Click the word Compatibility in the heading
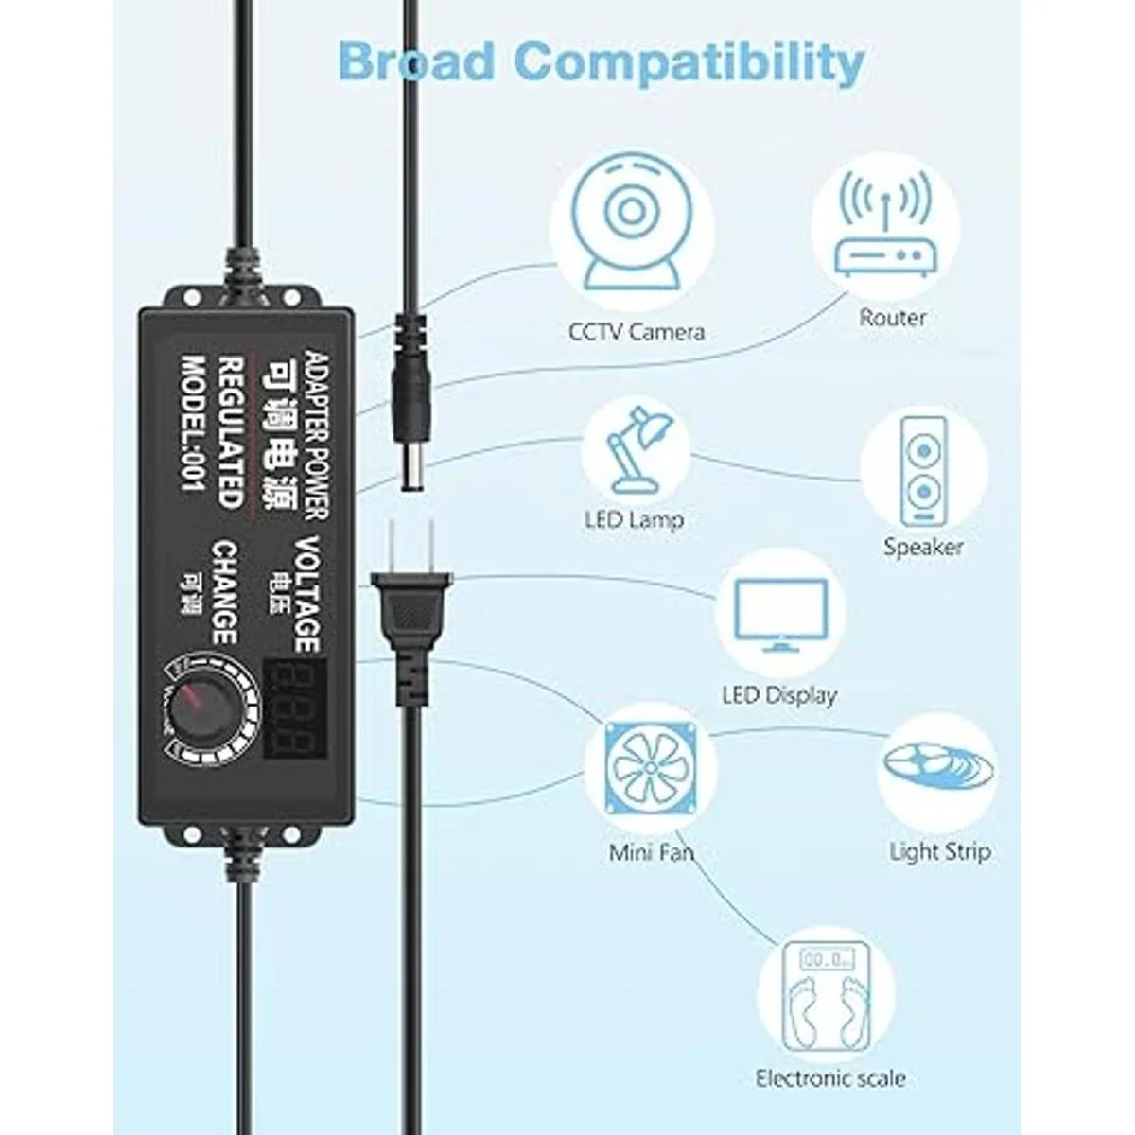point(692,62)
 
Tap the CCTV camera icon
point(632,225)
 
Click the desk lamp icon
point(639,449)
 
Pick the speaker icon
point(923,471)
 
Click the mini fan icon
point(650,768)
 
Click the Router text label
point(892,318)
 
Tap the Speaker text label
point(923,548)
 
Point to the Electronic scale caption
point(830,1078)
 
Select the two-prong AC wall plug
point(411,606)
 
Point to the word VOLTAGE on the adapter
point(307,594)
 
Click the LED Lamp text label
point(634,519)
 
